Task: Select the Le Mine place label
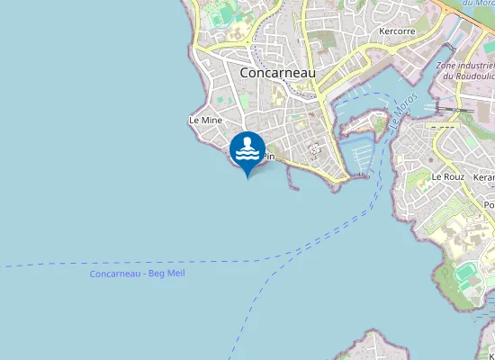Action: pyautogui.click(x=205, y=120)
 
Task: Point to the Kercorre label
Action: pyautogui.click(x=397, y=31)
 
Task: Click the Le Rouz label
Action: pyautogui.click(x=447, y=177)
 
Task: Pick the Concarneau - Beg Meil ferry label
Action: pyautogui.click(x=137, y=273)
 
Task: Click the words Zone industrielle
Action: pyautogui.click(x=464, y=66)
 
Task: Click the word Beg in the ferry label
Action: pyautogui.click(x=158, y=273)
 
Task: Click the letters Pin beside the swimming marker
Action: pyautogui.click(x=267, y=157)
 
